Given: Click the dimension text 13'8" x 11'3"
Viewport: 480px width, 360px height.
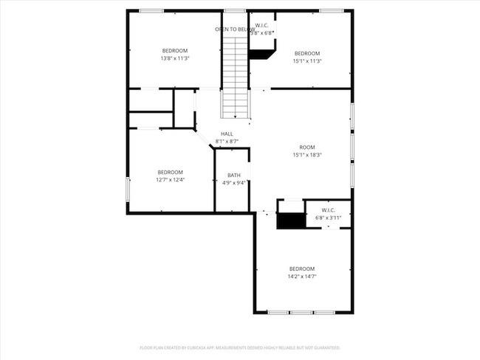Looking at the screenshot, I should (x=175, y=58).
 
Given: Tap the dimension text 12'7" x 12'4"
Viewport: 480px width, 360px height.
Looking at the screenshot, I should (x=169, y=179).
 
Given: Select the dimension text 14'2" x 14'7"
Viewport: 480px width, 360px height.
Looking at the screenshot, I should (x=301, y=276).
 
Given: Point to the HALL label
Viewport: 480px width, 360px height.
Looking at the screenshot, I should (x=227, y=134).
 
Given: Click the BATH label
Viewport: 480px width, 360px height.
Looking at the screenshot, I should (x=233, y=175).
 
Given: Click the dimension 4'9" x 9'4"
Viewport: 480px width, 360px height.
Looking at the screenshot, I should (x=233, y=183).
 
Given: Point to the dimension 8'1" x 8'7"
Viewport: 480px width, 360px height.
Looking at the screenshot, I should (x=227, y=141).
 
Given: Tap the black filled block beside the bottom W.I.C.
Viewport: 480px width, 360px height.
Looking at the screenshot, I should (x=290, y=221).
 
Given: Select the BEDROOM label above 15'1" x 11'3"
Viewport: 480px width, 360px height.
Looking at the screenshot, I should (x=307, y=53).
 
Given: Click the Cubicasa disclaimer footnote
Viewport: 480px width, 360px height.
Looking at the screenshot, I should (x=240, y=347).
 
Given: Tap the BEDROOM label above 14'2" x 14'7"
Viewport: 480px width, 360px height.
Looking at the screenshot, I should (x=301, y=268).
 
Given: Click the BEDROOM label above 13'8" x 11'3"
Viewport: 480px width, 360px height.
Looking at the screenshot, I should (x=175, y=50).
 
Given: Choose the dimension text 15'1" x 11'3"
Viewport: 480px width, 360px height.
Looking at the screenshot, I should (x=307, y=61).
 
